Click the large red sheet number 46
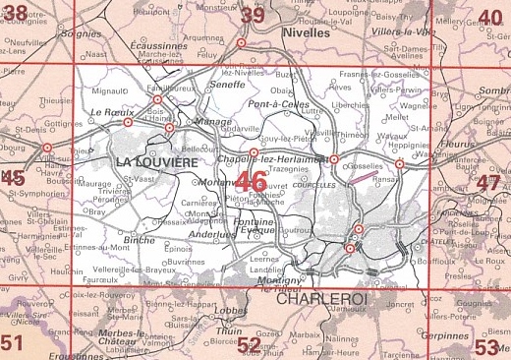(x=251, y=181)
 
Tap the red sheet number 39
(x=253, y=15)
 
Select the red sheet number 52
(x=250, y=345)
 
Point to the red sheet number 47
(x=488, y=184)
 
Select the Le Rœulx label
(x=110, y=112)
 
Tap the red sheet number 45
(x=13, y=177)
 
